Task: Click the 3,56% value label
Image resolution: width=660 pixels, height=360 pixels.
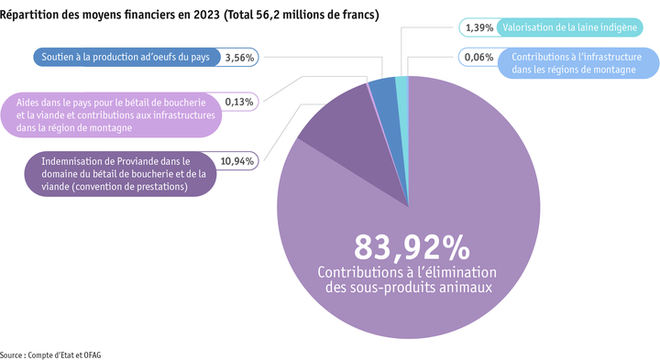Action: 240,57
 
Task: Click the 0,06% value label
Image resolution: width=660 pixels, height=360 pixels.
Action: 479,57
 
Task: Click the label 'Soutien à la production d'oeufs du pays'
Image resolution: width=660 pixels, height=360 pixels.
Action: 126,57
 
